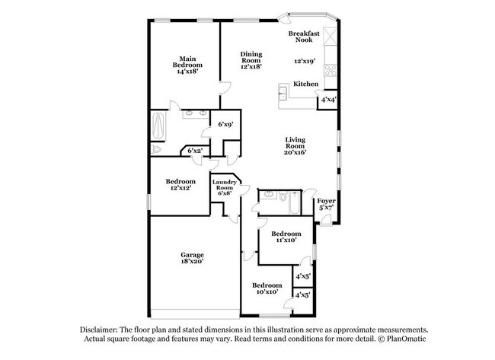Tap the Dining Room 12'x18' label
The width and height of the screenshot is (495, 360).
[251, 60]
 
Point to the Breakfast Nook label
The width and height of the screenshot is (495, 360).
[304, 37]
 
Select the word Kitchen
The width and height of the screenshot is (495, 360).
[305, 84]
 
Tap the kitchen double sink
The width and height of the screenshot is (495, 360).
[283, 93]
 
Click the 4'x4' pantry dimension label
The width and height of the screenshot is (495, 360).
[329, 100]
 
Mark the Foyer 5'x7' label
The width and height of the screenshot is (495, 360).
[326, 203]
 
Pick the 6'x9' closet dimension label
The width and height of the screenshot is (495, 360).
[225, 124]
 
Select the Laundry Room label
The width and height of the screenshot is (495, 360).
[225, 187]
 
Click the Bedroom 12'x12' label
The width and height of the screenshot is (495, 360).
[180, 186]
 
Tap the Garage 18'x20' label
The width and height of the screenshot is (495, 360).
[192, 258]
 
